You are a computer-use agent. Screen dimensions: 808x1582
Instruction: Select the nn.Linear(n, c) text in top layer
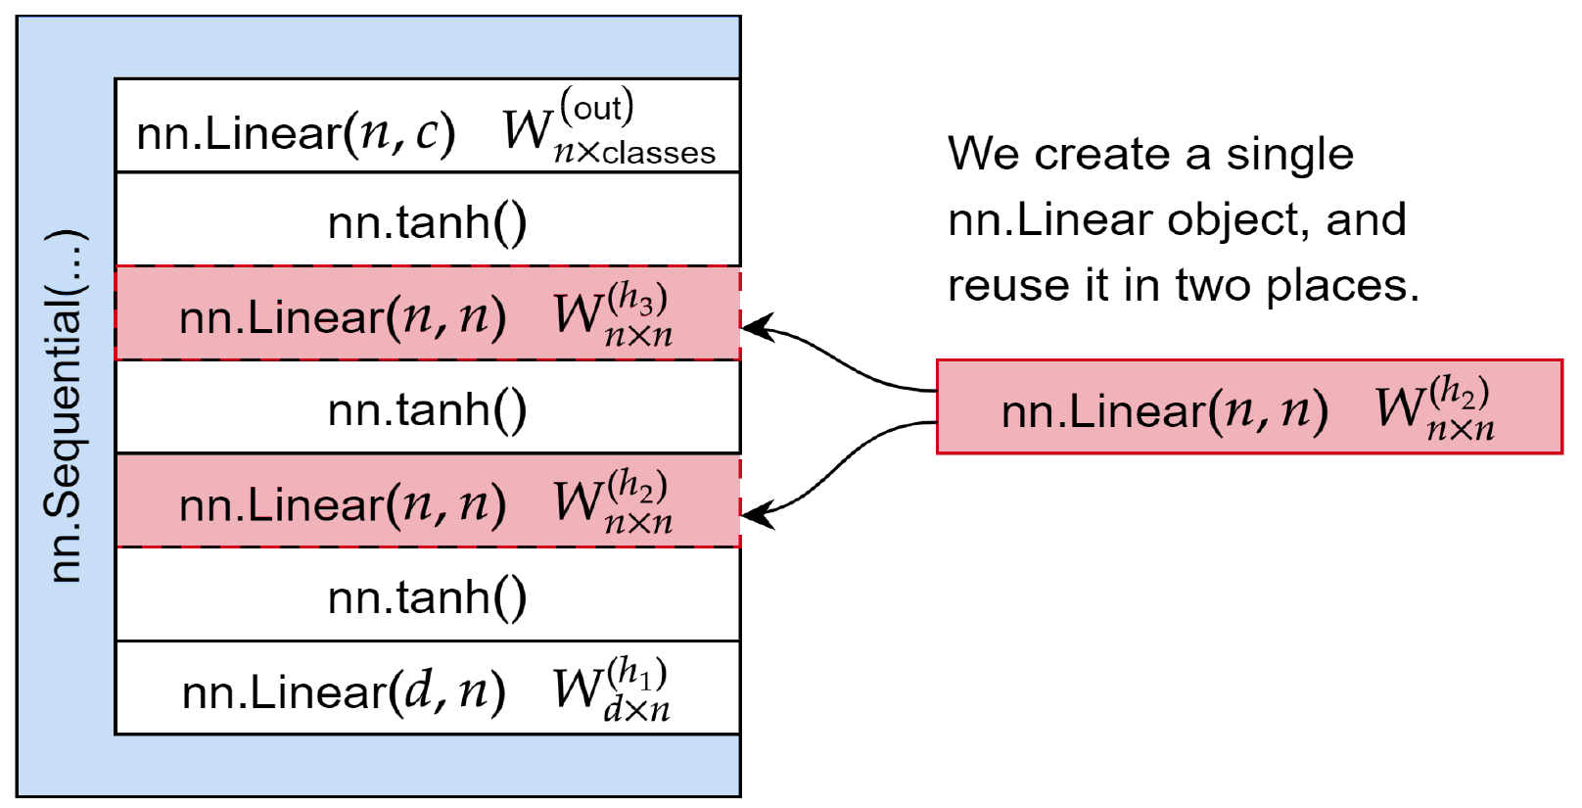296,132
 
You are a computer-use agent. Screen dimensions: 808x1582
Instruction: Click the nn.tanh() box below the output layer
427,222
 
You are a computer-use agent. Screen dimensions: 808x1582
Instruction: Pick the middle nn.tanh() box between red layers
427,409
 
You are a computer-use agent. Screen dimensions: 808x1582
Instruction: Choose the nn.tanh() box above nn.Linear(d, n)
427,596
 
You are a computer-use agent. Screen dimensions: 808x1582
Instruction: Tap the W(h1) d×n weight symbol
611,689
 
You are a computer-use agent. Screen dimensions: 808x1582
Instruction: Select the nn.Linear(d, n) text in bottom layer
344,691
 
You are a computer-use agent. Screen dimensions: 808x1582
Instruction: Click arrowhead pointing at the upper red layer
757,328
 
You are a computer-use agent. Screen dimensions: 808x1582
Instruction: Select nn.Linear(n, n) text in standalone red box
1164,410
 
